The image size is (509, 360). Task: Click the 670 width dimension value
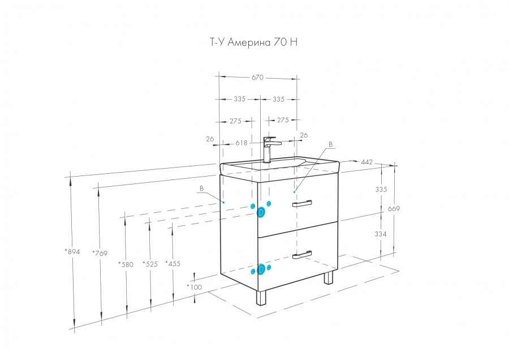(x=257, y=78)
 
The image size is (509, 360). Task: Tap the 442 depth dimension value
(x=366, y=162)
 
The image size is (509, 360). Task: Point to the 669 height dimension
(x=394, y=209)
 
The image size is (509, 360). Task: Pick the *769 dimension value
(x=100, y=253)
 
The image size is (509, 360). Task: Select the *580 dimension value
(x=126, y=263)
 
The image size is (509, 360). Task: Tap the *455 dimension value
(x=172, y=263)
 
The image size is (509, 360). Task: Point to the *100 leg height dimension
(x=194, y=287)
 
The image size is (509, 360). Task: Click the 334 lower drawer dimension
(x=381, y=234)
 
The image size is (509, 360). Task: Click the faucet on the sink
(x=268, y=149)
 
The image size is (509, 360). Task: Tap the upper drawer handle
(x=302, y=204)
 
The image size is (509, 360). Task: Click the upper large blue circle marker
(x=261, y=213)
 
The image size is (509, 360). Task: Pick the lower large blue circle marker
(x=261, y=269)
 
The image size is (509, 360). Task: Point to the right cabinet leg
(x=329, y=278)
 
